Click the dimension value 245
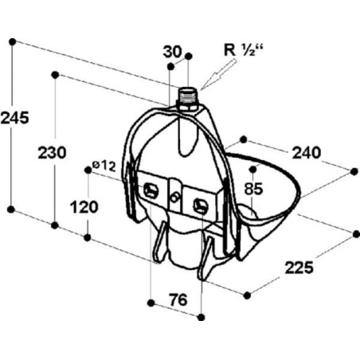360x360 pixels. (x=14, y=118)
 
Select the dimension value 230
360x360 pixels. (x=52, y=153)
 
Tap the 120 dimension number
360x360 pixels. (x=84, y=207)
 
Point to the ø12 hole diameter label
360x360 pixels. (x=104, y=166)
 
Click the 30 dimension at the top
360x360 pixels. (x=173, y=52)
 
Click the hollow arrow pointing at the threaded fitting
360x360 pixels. (x=218, y=75)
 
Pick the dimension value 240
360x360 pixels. (x=307, y=153)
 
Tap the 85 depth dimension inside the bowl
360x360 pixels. (x=254, y=189)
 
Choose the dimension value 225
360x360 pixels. (x=299, y=268)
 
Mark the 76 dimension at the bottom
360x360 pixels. (x=178, y=300)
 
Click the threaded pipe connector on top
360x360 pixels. (x=187, y=96)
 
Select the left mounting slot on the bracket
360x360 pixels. (x=151, y=190)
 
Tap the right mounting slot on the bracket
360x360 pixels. (x=201, y=205)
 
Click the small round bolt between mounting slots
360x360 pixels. (x=175, y=198)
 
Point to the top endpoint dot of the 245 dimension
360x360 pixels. (x=12, y=41)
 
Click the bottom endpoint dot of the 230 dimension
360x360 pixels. (x=55, y=225)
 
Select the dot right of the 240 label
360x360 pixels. (x=354, y=171)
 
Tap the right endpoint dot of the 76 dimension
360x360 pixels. (x=202, y=317)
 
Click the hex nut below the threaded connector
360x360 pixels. (x=188, y=108)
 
